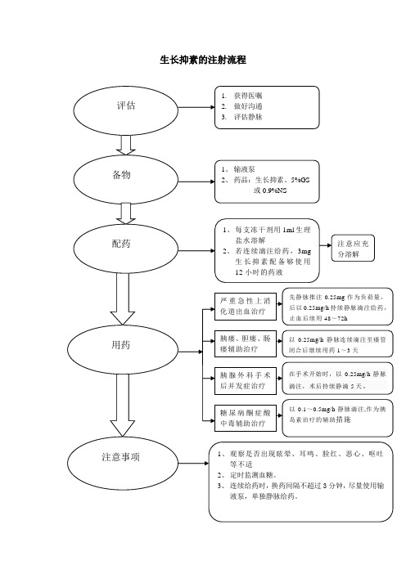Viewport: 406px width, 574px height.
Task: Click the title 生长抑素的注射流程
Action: [203, 61]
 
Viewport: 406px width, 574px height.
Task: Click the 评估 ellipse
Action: [126, 106]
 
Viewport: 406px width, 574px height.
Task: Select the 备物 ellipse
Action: [121, 175]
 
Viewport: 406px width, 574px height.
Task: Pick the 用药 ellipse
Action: [120, 346]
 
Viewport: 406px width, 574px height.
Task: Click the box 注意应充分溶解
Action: [354, 249]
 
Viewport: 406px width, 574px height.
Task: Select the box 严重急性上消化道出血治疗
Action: [244, 306]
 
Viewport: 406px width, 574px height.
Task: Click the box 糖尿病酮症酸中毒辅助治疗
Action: [244, 419]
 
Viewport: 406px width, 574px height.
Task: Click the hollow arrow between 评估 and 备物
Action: [127, 145]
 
